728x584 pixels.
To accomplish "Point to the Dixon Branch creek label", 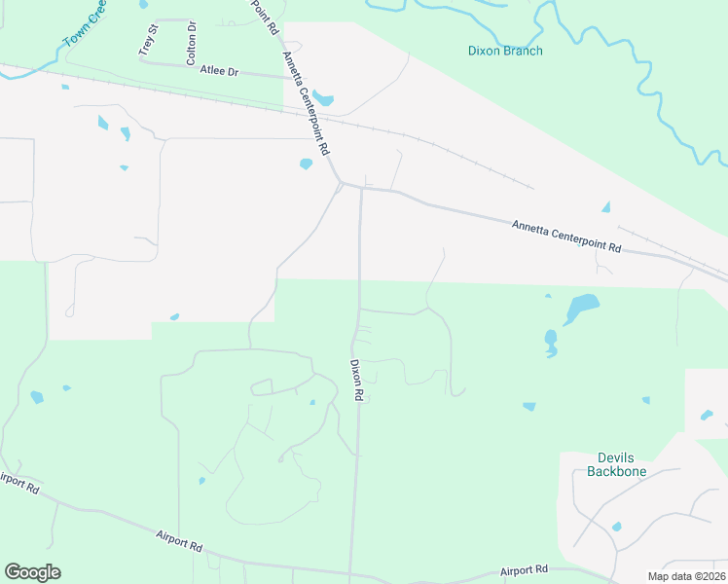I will point(505,51).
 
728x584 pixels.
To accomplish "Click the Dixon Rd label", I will point(356,381).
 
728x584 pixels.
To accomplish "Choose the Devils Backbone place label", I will point(617,464).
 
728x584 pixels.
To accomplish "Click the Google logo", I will point(32,572).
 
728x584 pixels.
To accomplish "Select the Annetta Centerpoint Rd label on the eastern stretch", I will point(566,237).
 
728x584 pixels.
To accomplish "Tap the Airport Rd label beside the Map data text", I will point(525,569).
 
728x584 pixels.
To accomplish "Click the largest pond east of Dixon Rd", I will point(581,309).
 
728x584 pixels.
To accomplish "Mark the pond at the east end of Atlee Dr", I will point(323,99).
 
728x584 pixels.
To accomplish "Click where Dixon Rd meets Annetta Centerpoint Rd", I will point(361,189).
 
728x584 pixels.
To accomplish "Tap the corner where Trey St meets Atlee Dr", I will point(142,60).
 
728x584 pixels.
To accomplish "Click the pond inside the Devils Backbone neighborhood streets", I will point(616,527).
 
